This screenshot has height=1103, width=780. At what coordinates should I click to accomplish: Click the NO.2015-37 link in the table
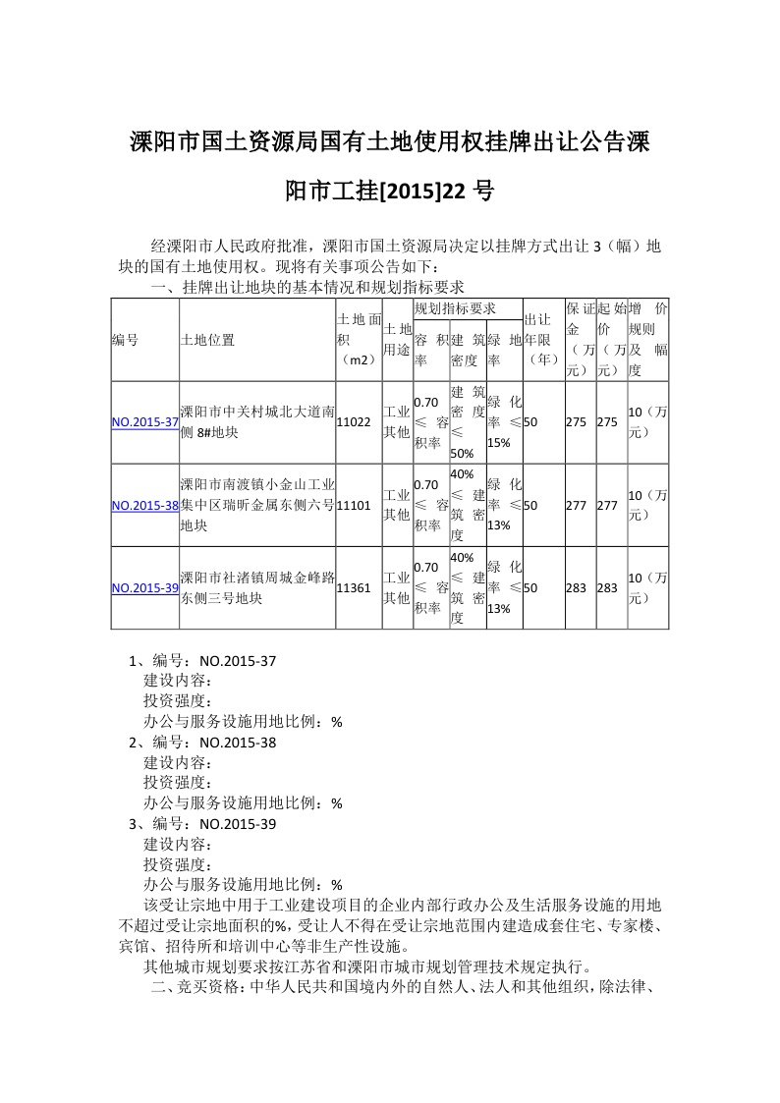[x=144, y=422]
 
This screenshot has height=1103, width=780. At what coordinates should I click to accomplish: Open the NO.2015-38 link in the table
[x=144, y=506]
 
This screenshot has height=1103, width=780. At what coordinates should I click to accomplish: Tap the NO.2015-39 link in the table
[x=144, y=588]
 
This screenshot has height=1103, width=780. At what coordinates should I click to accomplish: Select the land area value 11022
[x=354, y=422]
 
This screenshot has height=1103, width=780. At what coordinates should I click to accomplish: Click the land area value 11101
[x=354, y=506]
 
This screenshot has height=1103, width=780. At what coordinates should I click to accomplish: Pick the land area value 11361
[x=354, y=588]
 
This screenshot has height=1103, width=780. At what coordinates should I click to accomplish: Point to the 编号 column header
[x=125, y=340]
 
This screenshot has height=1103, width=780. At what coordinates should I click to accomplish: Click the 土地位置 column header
[x=207, y=340]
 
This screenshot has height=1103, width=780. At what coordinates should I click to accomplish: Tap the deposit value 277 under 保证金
[x=576, y=506]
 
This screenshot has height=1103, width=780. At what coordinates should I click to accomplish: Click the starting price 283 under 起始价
[x=607, y=588]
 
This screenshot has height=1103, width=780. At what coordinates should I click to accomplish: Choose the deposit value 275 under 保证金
[x=576, y=422]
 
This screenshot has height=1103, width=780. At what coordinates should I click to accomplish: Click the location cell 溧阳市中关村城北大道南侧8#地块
[x=257, y=422]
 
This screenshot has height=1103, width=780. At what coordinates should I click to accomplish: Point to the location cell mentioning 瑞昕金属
[x=257, y=506]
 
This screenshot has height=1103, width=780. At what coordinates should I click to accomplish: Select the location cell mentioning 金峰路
[x=257, y=588]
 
